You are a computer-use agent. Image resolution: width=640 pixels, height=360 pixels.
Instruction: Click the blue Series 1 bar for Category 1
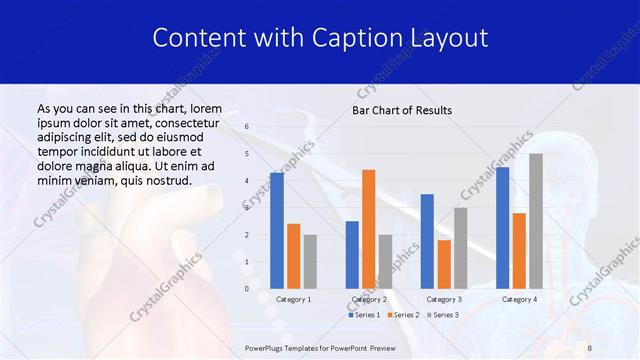click(277, 231)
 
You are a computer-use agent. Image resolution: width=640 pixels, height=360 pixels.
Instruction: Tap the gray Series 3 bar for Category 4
click(536, 221)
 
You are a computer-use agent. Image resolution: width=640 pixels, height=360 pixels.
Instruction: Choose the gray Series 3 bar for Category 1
click(310, 261)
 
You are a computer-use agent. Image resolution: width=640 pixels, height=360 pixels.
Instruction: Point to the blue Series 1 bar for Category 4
click(502, 228)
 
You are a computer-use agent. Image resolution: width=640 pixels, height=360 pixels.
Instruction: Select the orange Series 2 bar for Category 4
click(519, 250)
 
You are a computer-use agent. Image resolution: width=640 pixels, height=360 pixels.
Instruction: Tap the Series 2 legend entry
click(402, 315)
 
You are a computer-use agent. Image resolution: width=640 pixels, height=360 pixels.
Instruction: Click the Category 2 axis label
click(369, 299)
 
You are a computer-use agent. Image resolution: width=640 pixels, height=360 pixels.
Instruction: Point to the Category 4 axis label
click(519, 299)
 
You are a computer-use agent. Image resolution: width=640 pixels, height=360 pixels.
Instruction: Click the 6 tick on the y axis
click(247, 127)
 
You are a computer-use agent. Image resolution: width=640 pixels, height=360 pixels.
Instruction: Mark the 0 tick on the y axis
click(247, 289)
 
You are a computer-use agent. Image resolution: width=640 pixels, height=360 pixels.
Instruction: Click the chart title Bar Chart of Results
click(402, 110)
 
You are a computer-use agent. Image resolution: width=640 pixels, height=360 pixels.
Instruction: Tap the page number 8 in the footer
click(590, 346)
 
